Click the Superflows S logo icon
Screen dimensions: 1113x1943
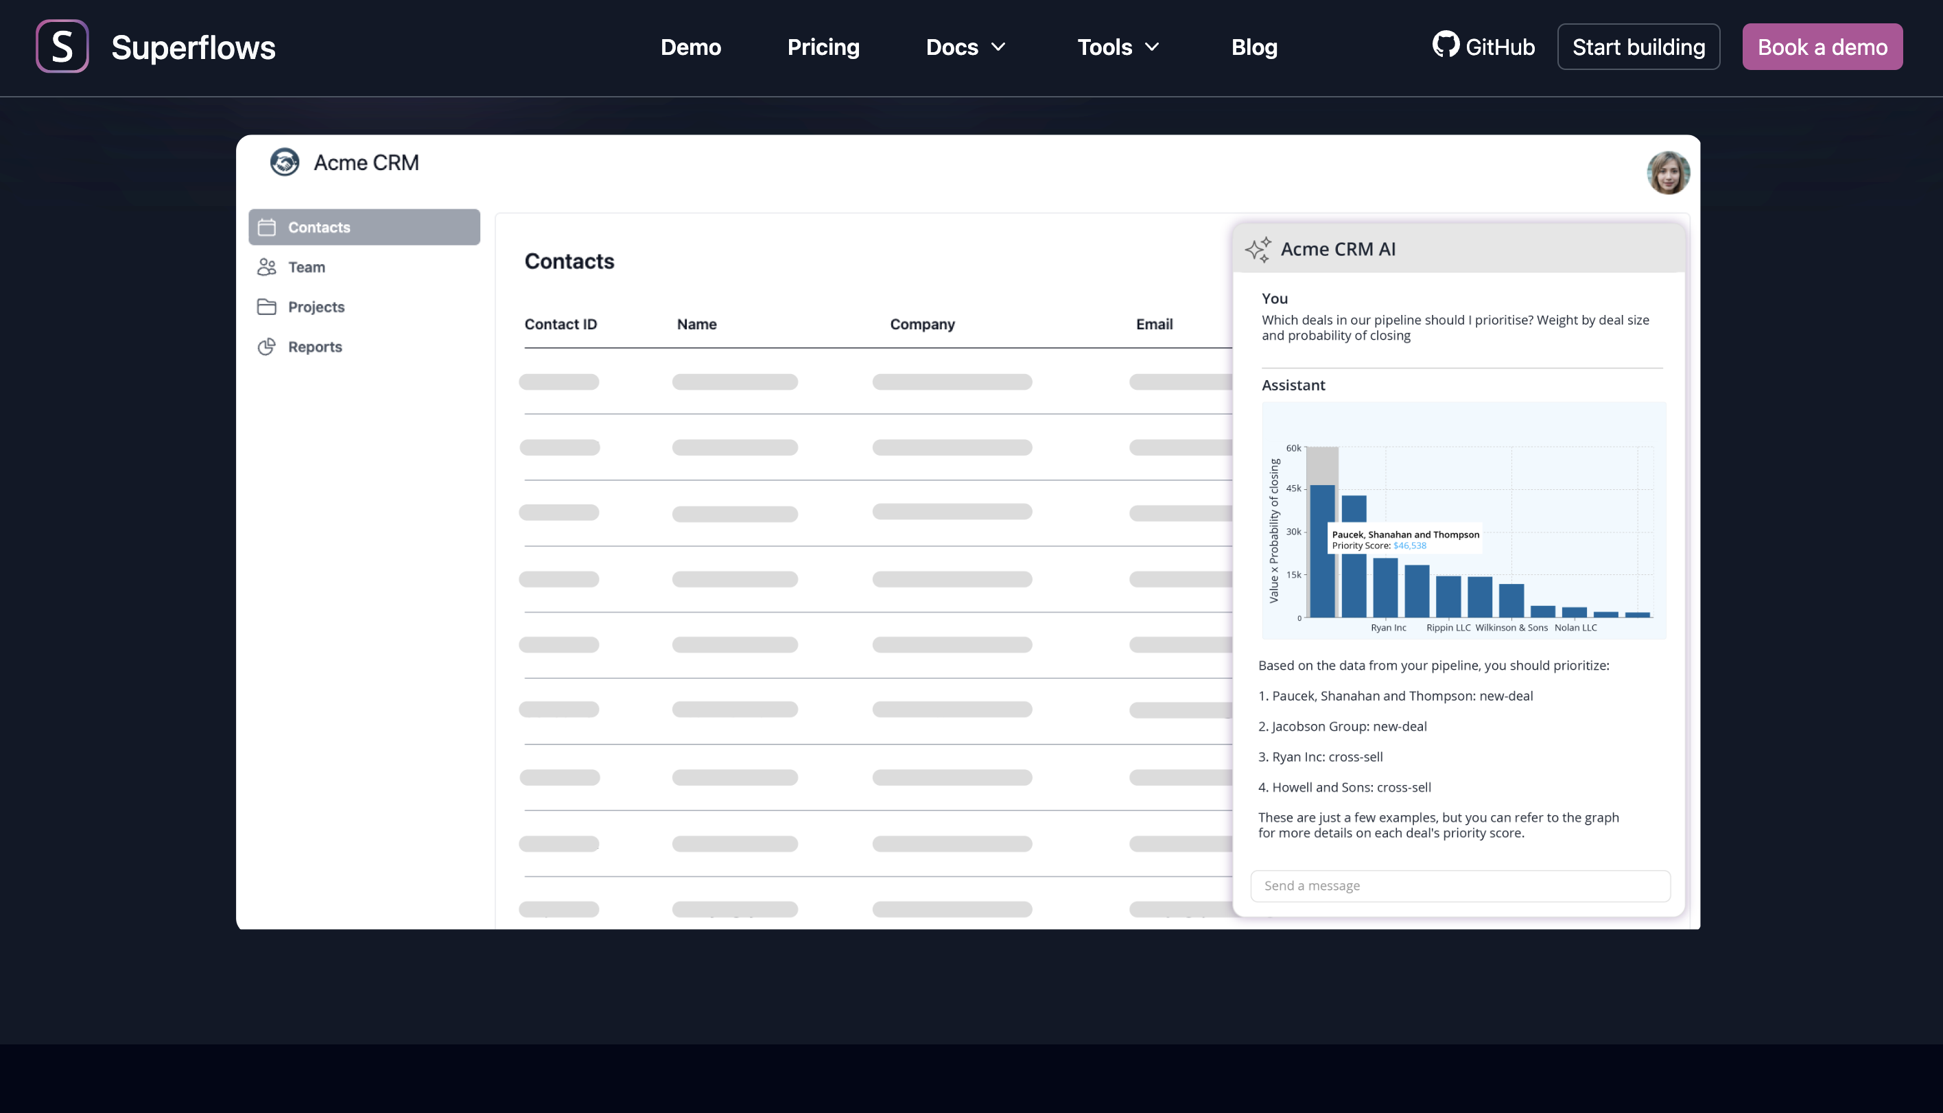click(x=62, y=47)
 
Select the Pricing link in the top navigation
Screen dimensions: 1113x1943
click(x=823, y=47)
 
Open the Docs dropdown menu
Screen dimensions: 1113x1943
click(x=965, y=47)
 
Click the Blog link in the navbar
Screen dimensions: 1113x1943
click(x=1253, y=47)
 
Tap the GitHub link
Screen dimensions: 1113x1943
click(x=1483, y=47)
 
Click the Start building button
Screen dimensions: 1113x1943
click(x=1638, y=47)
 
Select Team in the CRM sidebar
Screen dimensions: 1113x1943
click(x=307, y=268)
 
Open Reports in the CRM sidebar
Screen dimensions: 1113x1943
click(x=315, y=347)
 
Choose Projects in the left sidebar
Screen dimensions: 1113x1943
click(x=316, y=307)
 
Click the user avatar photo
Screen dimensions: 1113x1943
click(x=1667, y=173)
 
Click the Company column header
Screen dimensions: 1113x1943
click(x=922, y=324)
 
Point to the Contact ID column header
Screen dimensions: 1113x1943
click(x=561, y=324)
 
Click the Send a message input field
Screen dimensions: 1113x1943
click(x=1459, y=886)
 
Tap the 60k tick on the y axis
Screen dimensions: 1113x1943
click(x=1293, y=448)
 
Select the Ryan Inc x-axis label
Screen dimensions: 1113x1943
click(x=1387, y=628)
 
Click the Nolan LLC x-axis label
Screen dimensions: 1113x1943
click(x=1575, y=628)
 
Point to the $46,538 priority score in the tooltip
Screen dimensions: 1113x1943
click(x=1409, y=546)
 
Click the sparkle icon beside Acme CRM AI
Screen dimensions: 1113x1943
click(x=1258, y=249)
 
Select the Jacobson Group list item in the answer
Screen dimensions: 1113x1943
click(x=1349, y=726)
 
